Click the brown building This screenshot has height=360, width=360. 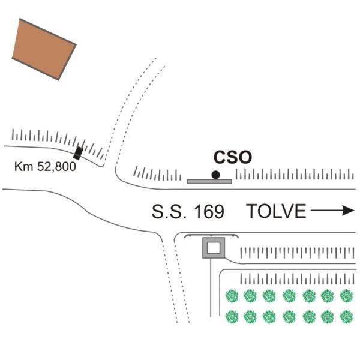pyautogui.click(x=44, y=49)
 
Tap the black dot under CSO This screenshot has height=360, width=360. pyautogui.click(x=215, y=175)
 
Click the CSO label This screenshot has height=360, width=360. pyautogui.click(x=233, y=157)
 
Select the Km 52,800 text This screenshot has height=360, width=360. pyautogui.click(x=45, y=167)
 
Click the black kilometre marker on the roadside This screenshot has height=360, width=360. pyautogui.click(x=78, y=153)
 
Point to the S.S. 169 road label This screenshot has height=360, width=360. pyautogui.click(x=188, y=211)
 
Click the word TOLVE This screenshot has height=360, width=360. pyautogui.click(x=277, y=211)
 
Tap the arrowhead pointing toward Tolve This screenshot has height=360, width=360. pyautogui.click(x=349, y=211)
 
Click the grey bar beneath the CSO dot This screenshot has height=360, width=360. pyautogui.click(x=209, y=181)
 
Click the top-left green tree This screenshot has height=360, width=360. pyautogui.click(x=231, y=296)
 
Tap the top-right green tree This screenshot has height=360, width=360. pyautogui.click(x=346, y=296)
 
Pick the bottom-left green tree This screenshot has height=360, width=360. pyautogui.click(x=231, y=316)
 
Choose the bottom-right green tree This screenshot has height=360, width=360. pyautogui.click(x=346, y=316)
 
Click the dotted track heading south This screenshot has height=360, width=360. pyautogui.click(x=175, y=282)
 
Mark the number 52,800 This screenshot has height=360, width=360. pyautogui.click(x=56, y=167)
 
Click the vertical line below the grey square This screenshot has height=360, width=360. pyautogui.click(x=210, y=288)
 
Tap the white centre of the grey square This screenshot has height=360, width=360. pyautogui.click(x=214, y=247)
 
